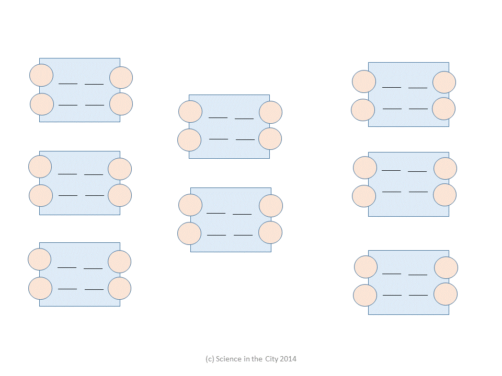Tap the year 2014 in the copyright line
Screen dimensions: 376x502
(288, 359)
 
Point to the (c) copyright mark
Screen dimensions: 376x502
(210, 359)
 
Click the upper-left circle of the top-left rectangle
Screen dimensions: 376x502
(41, 75)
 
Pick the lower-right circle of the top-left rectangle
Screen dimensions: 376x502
(121, 104)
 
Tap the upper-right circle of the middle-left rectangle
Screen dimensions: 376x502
(120, 169)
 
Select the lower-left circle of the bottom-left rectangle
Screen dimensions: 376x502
(40, 288)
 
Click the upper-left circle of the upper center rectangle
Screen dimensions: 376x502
(190, 111)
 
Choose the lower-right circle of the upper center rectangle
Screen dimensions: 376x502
(270, 138)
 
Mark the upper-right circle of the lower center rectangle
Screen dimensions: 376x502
(271, 206)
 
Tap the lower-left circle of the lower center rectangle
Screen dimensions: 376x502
(189, 233)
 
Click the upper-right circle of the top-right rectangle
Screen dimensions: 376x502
(444, 83)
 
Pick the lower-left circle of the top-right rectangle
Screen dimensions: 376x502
(363, 110)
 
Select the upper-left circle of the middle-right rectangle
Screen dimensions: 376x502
(364, 168)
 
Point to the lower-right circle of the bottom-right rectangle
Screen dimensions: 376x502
(446, 294)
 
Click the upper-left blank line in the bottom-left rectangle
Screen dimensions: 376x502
(67, 267)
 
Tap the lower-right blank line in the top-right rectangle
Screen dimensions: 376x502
(418, 109)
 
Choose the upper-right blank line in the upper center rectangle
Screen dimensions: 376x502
(244, 119)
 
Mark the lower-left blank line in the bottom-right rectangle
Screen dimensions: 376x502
(392, 295)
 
